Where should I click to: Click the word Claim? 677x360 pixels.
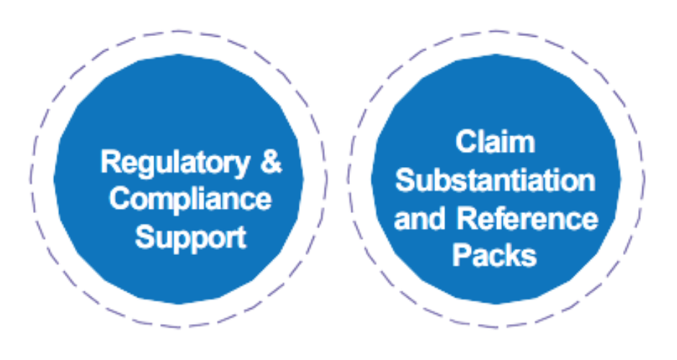coord(496,140)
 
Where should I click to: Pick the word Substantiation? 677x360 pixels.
coord(496,179)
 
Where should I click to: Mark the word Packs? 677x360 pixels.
coord(496,255)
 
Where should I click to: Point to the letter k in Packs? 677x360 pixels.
coord(513,255)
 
